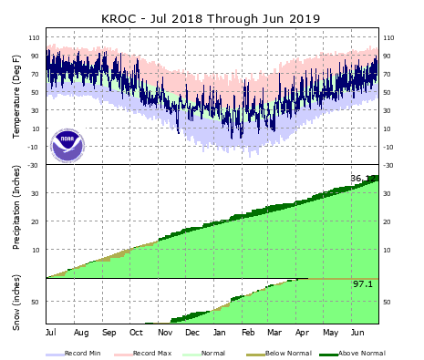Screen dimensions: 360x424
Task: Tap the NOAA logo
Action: [x=67, y=145]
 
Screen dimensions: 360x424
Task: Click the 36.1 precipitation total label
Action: [x=362, y=179]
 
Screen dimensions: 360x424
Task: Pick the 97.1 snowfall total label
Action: [x=364, y=285]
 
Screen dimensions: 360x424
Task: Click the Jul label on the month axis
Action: [x=51, y=333]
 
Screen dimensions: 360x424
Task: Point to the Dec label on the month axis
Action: [x=191, y=333]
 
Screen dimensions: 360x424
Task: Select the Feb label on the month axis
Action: [x=248, y=333]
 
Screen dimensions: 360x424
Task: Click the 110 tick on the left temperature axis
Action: [x=35, y=37]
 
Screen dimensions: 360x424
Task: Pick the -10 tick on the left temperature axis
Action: [x=35, y=147]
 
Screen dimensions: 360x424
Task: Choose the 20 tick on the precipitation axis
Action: [x=37, y=221]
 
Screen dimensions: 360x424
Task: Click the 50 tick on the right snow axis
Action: [x=388, y=302]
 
